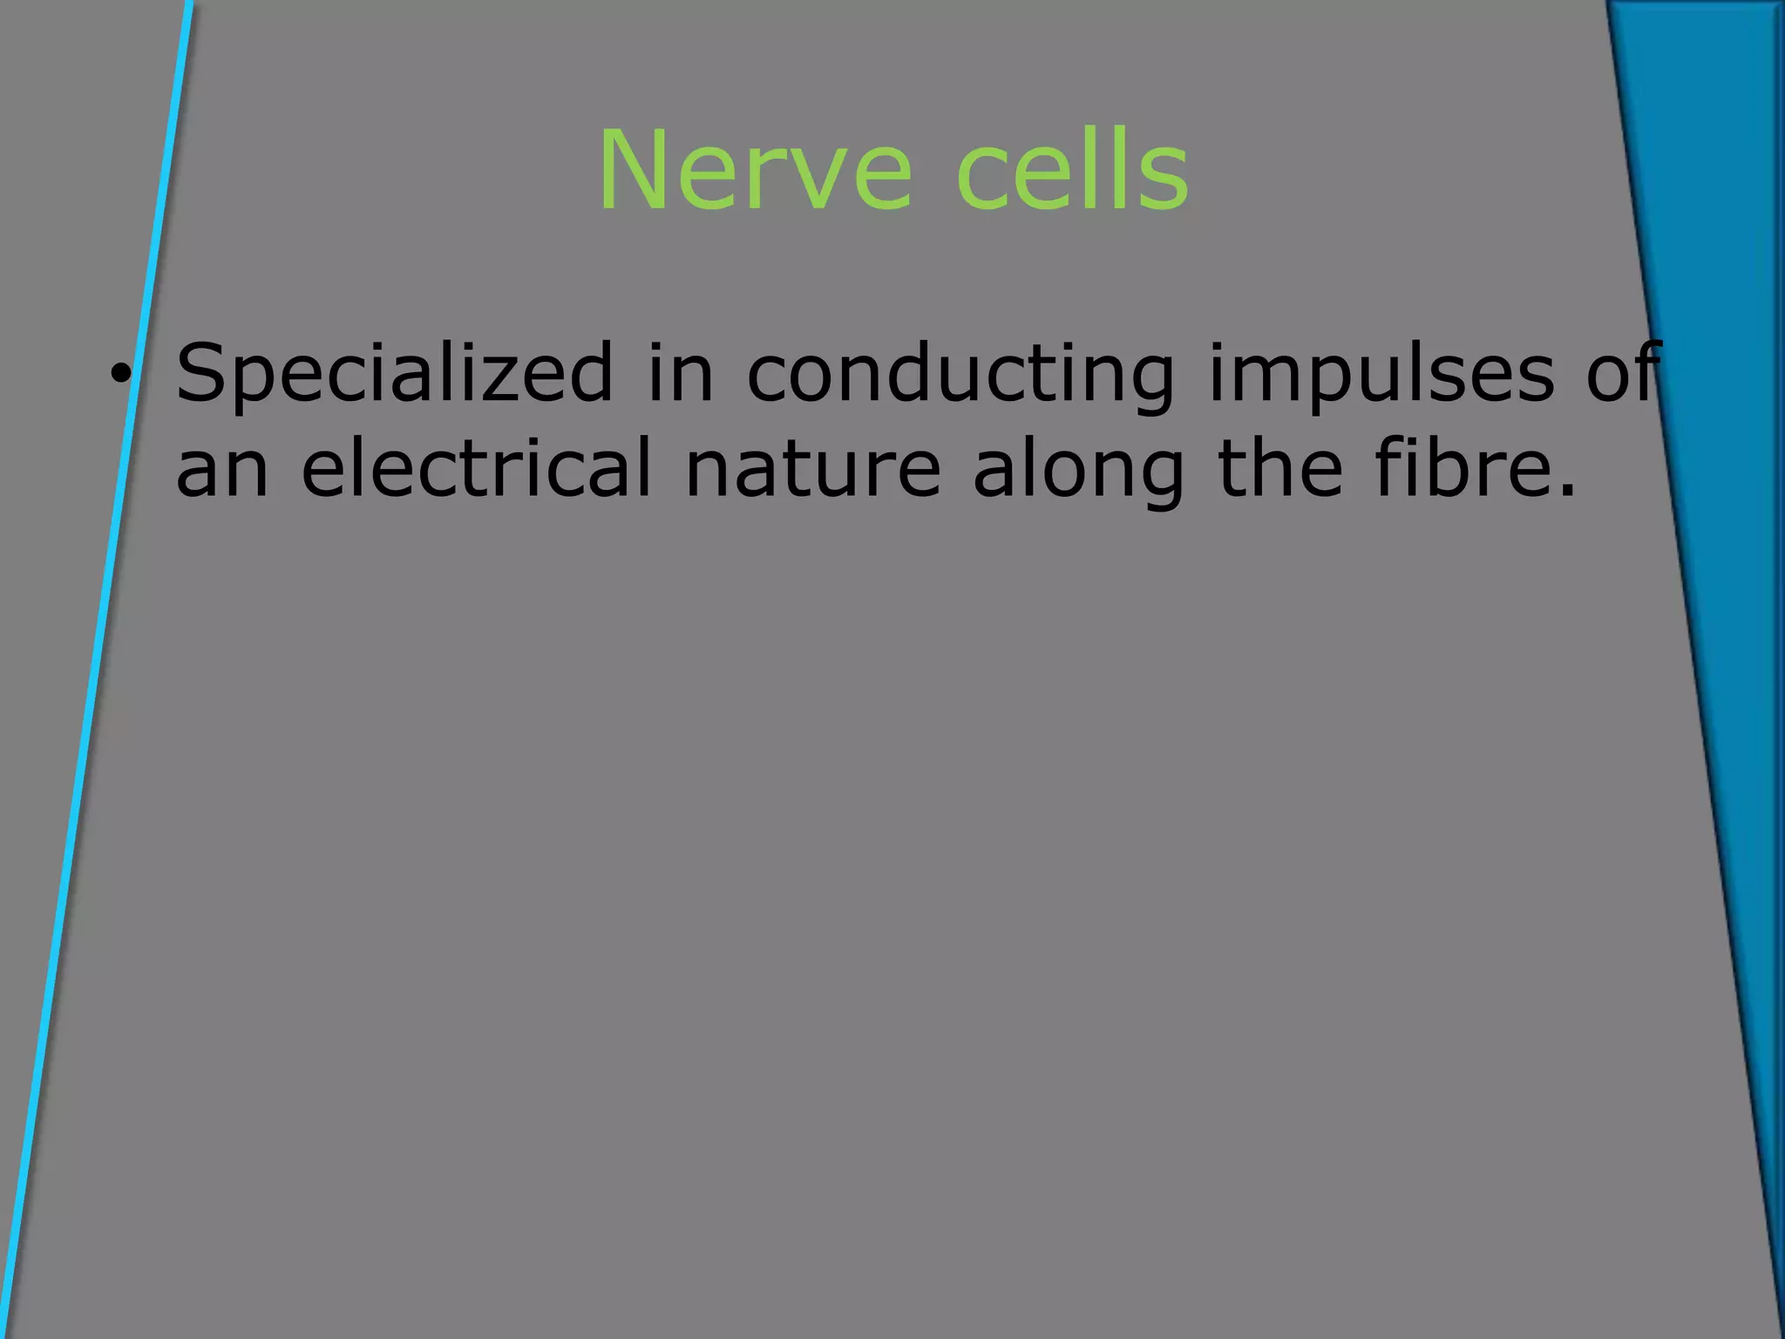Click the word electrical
pos(476,468)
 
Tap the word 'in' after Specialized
pos(681,373)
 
